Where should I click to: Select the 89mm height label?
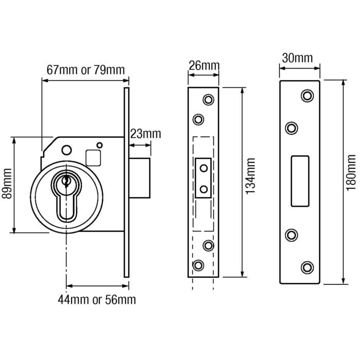pos(7,185)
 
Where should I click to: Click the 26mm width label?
pos(203,66)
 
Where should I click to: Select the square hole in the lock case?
pos(94,156)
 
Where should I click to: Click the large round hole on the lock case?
pos(66,150)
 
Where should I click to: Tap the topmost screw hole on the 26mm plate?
pos(208,99)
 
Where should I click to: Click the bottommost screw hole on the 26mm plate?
pos(198,265)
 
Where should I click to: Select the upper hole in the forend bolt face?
pos(204,168)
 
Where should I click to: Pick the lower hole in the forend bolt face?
pos(204,189)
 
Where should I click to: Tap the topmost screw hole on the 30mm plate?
pos(308,96)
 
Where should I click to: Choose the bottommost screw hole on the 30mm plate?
pos(308,266)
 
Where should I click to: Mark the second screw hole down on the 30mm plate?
pos(292,128)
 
